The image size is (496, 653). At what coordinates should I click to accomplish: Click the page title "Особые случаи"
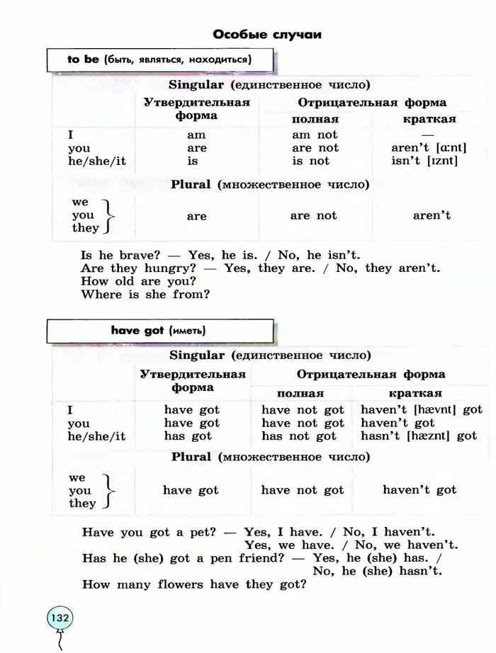pyautogui.click(x=267, y=34)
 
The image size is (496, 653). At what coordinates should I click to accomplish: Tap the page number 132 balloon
pyautogui.click(x=60, y=618)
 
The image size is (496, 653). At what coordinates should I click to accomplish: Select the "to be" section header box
pyautogui.click(x=159, y=59)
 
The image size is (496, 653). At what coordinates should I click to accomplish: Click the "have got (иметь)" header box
pyautogui.click(x=159, y=331)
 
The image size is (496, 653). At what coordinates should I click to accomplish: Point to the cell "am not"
pyautogui.click(x=315, y=135)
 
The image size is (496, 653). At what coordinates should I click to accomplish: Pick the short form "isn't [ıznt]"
pyautogui.click(x=424, y=161)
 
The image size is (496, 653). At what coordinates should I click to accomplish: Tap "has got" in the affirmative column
pyautogui.click(x=188, y=436)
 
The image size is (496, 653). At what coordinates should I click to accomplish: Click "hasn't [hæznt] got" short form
pyautogui.click(x=419, y=436)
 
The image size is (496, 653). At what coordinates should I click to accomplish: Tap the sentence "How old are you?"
pyautogui.click(x=138, y=281)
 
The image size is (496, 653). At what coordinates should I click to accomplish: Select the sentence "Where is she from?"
pyautogui.click(x=145, y=294)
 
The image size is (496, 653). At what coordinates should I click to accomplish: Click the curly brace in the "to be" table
pyautogui.click(x=108, y=215)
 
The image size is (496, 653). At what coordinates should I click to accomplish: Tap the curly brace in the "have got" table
pyautogui.click(x=107, y=490)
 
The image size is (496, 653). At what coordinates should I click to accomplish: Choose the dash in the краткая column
pyautogui.click(x=427, y=135)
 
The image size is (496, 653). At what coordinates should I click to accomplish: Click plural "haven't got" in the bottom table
pyautogui.click(x=419, y=490)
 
